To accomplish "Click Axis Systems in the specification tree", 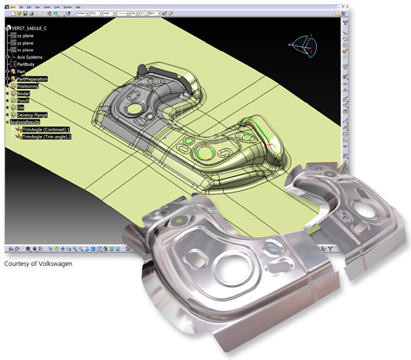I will (x=32, y=58).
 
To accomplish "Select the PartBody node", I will (x=28, y=65).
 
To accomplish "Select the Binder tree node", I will (x=23, y=93).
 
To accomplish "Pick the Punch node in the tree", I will (x=23, y=100).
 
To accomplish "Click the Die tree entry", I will (x=20, y=107).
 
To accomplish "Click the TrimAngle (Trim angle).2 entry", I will (x=51, y=136).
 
